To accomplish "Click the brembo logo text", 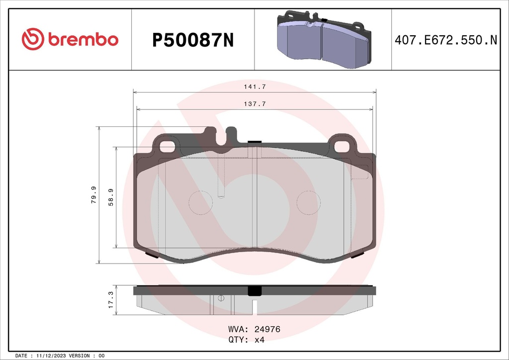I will coord(83,39).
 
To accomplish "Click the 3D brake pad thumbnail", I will coord(323,39).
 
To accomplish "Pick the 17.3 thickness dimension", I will coord(110,300).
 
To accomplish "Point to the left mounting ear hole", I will coord(167,147).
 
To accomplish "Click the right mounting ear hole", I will coord(342,147).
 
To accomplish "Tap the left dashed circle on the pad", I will coord(202,203).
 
